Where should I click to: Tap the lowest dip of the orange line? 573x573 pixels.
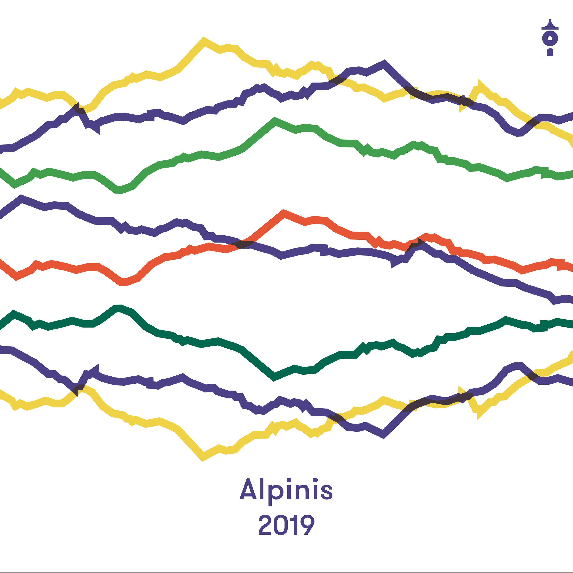pos(123,282)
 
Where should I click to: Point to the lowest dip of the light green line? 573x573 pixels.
pos(118,190)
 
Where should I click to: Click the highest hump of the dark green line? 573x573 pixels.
pos(118,308)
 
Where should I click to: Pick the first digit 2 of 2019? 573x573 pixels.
pos(265,525)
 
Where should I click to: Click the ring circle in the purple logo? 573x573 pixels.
pos(550,38)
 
